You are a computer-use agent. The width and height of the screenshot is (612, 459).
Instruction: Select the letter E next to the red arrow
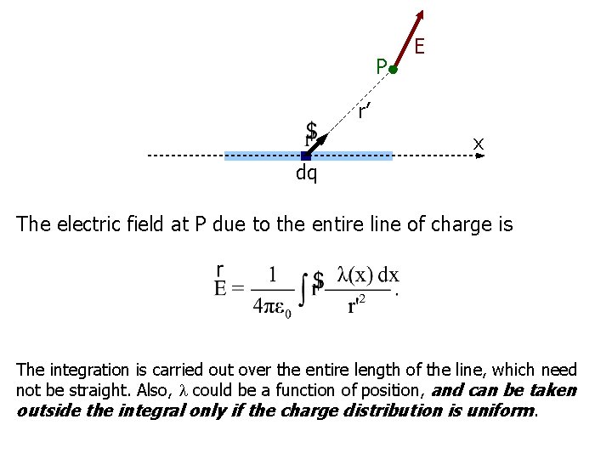point(420,49)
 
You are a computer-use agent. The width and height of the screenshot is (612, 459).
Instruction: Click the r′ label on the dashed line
point(363,110)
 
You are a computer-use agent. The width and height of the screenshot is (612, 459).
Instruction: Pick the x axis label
point(479,144)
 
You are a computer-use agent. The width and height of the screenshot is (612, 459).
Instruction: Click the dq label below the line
point(306,173)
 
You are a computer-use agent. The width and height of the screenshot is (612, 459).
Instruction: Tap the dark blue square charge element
point(306,156)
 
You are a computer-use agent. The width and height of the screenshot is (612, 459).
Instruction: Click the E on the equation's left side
point(220,287)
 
